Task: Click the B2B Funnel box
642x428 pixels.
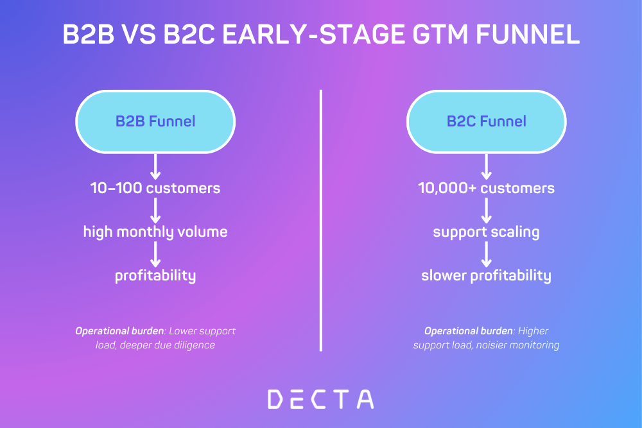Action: coord(155,121)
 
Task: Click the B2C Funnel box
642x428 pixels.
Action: coord(486,121)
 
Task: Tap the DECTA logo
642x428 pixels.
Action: coord(320,398)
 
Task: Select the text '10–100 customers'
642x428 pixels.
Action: coord(155,188)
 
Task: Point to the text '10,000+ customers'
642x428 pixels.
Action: coord(486,188)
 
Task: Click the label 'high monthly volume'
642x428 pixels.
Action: coord(155,232)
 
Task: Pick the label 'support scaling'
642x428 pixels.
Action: coord(486,232)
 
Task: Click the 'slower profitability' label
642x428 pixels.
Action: coord(486,276)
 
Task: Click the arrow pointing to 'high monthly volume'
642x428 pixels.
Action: coord(155,210)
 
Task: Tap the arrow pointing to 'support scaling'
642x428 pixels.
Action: coord(486,210)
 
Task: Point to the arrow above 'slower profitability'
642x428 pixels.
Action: coord(486,254)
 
